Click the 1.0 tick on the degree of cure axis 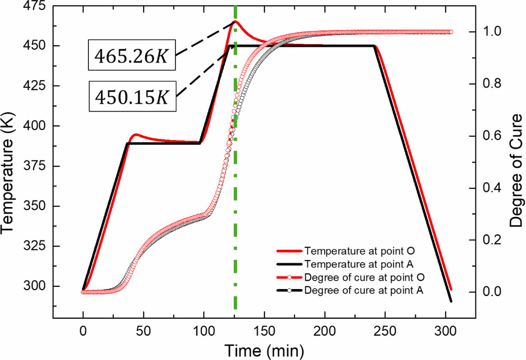click(x=493, y=32)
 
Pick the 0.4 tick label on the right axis click(x=493, y=188)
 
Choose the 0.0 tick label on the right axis click(x=493, y=292)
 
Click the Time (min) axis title click(x=264, y=349)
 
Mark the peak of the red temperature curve click(x=235, y=21)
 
